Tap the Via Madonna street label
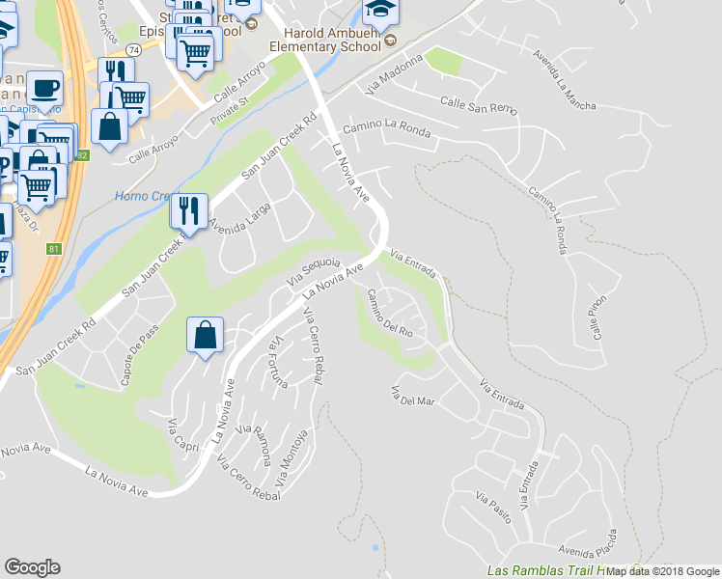coord(396,75)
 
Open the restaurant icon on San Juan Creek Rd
coord(187,209)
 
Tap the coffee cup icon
coord(44,89)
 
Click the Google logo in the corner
coord(32,567)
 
